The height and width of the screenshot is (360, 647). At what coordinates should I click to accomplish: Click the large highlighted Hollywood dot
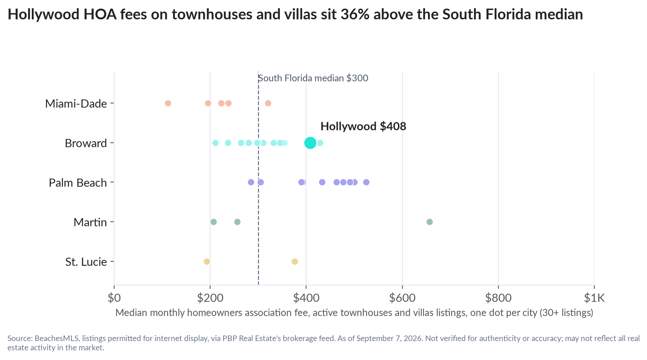point(310,143)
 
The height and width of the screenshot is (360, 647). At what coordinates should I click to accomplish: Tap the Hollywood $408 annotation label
point(363,126)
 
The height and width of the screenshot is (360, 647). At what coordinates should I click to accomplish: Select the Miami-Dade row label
point(76,103)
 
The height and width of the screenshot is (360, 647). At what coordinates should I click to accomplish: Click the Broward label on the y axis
point(86,143)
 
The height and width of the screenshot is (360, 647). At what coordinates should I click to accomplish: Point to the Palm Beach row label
point(78,183)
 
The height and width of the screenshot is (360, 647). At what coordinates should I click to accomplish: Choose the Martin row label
point(90,222)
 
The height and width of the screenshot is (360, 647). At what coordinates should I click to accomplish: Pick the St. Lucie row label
point(86,262)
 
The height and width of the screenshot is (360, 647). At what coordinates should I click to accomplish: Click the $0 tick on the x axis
point(114,298)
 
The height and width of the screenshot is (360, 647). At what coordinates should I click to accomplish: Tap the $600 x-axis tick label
point(402,298)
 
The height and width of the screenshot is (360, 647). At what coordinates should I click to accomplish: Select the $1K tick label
point(594,298)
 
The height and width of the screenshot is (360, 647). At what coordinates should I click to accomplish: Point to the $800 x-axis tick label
point(498,298)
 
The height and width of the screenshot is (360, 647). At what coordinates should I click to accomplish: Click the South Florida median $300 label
point(313,78)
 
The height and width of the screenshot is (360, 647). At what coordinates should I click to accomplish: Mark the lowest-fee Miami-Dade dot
point(168,103)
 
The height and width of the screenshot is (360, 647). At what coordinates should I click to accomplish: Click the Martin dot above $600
point(429,222)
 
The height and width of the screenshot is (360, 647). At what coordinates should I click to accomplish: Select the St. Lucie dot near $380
point(295,261)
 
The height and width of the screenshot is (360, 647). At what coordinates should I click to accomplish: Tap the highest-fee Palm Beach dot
point(366,182)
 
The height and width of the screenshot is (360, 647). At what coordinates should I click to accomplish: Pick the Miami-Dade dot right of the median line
point(268,103)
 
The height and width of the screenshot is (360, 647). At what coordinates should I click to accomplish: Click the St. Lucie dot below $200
point(207,261)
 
